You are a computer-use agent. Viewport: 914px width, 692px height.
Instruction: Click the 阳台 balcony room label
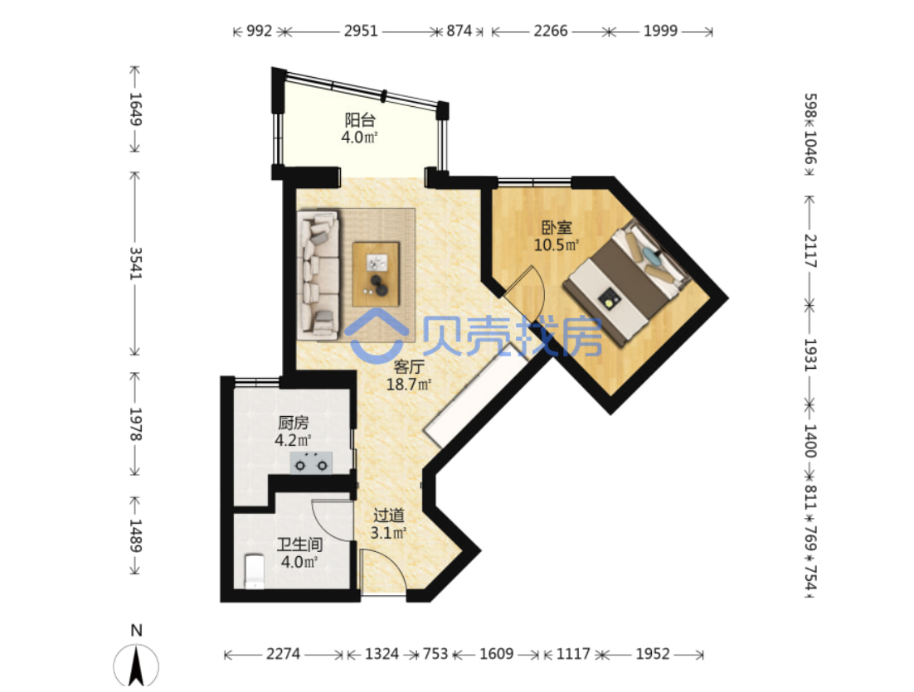(360, 120)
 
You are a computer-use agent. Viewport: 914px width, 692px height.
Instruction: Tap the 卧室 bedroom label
(557, 227)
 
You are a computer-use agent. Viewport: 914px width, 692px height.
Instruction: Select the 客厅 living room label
(409, 367)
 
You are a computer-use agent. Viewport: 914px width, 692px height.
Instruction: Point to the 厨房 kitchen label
(293, 423)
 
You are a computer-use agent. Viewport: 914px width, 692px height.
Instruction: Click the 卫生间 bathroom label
(299, 544)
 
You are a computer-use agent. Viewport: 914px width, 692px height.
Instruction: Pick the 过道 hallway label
(389, 515)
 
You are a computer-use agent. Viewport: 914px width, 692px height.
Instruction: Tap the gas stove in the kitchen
(311, 462)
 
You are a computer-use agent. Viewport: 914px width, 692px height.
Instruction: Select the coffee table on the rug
(376, 273)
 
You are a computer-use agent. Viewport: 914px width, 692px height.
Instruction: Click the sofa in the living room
(318, 274)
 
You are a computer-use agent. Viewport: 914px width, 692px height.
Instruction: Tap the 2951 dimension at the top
(361, 31)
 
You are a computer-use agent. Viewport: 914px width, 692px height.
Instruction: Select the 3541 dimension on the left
(135, 264)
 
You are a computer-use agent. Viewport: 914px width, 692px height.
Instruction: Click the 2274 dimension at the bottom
(284, 654)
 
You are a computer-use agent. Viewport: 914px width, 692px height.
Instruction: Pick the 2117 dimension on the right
(810, 250)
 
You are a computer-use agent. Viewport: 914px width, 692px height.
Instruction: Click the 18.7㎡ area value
(409, 385)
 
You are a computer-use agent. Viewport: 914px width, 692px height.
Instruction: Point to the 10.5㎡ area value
(557, 244)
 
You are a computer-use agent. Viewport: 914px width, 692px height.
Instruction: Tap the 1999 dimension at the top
(660, 31)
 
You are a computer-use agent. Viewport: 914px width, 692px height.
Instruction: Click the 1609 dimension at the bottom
(497, 654)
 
